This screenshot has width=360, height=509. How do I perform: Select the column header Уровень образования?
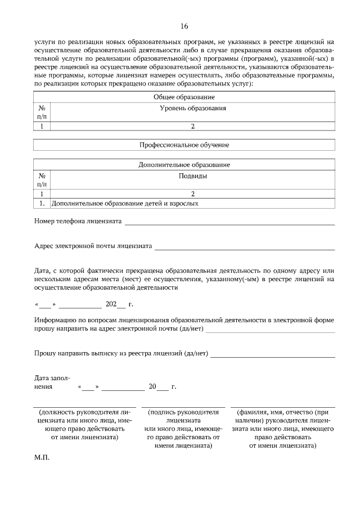pos(193,108)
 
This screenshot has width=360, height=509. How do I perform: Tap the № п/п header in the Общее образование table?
pos(42,112)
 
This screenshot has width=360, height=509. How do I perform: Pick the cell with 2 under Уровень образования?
pos(193,127)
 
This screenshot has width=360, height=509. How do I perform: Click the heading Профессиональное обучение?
pos(184,145)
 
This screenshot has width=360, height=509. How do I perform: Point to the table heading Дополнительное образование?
pos(184,165)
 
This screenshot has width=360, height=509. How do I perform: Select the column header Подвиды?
pos(193,176)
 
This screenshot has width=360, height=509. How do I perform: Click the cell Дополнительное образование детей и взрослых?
pos(125,204)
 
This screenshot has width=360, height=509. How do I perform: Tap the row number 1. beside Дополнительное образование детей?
pos(42,204)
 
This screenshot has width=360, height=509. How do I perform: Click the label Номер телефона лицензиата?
pos(78,221)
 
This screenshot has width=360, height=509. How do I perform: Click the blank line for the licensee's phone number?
pos(229,223)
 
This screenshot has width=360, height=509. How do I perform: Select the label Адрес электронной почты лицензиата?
pos(93,246)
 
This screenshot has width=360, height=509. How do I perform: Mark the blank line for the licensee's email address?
pos(245,247)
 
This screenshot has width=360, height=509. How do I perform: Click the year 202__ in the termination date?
pos(115,304)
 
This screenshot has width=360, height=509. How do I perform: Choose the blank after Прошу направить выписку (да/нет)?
pos(272,355)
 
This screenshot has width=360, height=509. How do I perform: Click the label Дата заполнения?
pos(52,382)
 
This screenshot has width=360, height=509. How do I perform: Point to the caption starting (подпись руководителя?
pos(183,429)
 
